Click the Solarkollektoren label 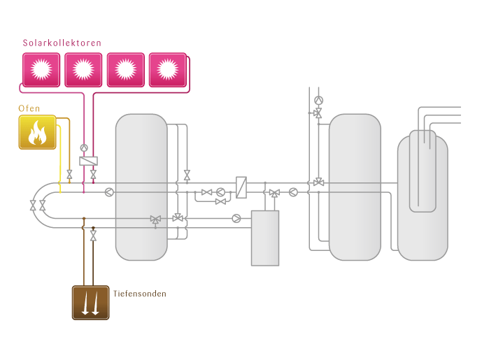[x=62, y=43]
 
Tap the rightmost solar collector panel [x=167, y=69]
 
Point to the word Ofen [x=29, y=108]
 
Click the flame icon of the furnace [x=37, y=133]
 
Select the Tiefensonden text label [x=140, y=294]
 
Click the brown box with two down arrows [x=90, y=302]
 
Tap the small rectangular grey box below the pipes [x=265, y=238]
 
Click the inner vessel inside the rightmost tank [x=423, y=170]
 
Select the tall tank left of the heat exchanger [x=141, y=187]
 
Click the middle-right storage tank [x=355, y=187]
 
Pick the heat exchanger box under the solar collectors [x=88, y=161]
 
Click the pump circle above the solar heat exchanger [x=84, y=147]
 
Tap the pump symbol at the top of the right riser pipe [x=319, y=100]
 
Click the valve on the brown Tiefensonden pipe [x=93, y=237]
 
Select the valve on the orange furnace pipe [x=69, y=173]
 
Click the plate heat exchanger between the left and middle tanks [x=241, y=187]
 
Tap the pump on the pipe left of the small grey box [x=236, y=218]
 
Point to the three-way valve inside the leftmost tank [x=155, y=219]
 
